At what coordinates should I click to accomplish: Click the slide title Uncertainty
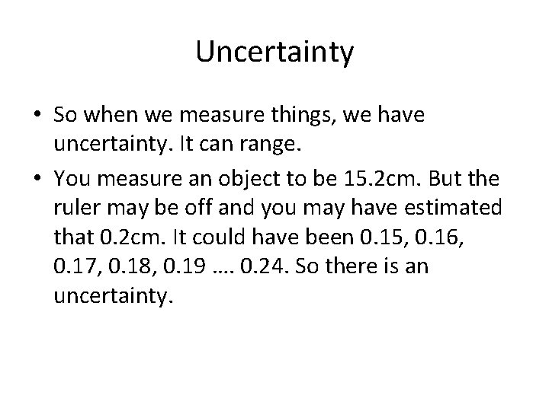(274, 52)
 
